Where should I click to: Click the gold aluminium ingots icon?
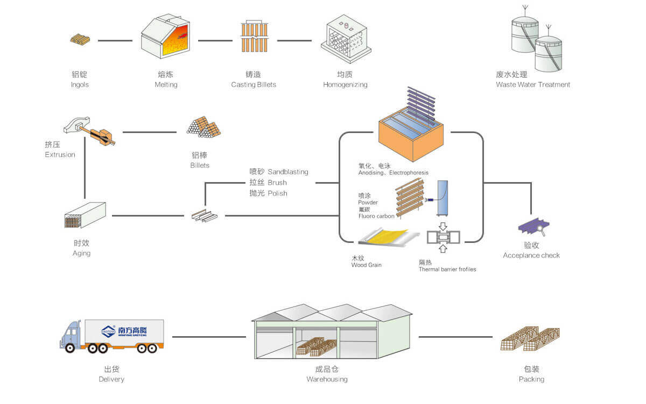(x=80, y=39)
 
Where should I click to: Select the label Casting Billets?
(x=254, y=85)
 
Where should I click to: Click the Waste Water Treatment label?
(x=533, y=85)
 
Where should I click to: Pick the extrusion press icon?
(x=89, y=131)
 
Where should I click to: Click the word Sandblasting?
(x=288, y=172)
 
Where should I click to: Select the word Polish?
(x=277, y=193)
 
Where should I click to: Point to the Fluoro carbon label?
(x=376, y=216)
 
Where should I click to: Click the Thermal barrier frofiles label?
(x=447, y=269)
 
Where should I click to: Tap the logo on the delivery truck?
(x=109, y=331)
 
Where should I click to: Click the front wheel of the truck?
(x=70, y=348)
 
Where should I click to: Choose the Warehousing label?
(x=327, y=379)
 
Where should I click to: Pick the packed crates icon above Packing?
(x=530, y=339)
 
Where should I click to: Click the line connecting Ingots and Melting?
(x=115, y=40)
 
